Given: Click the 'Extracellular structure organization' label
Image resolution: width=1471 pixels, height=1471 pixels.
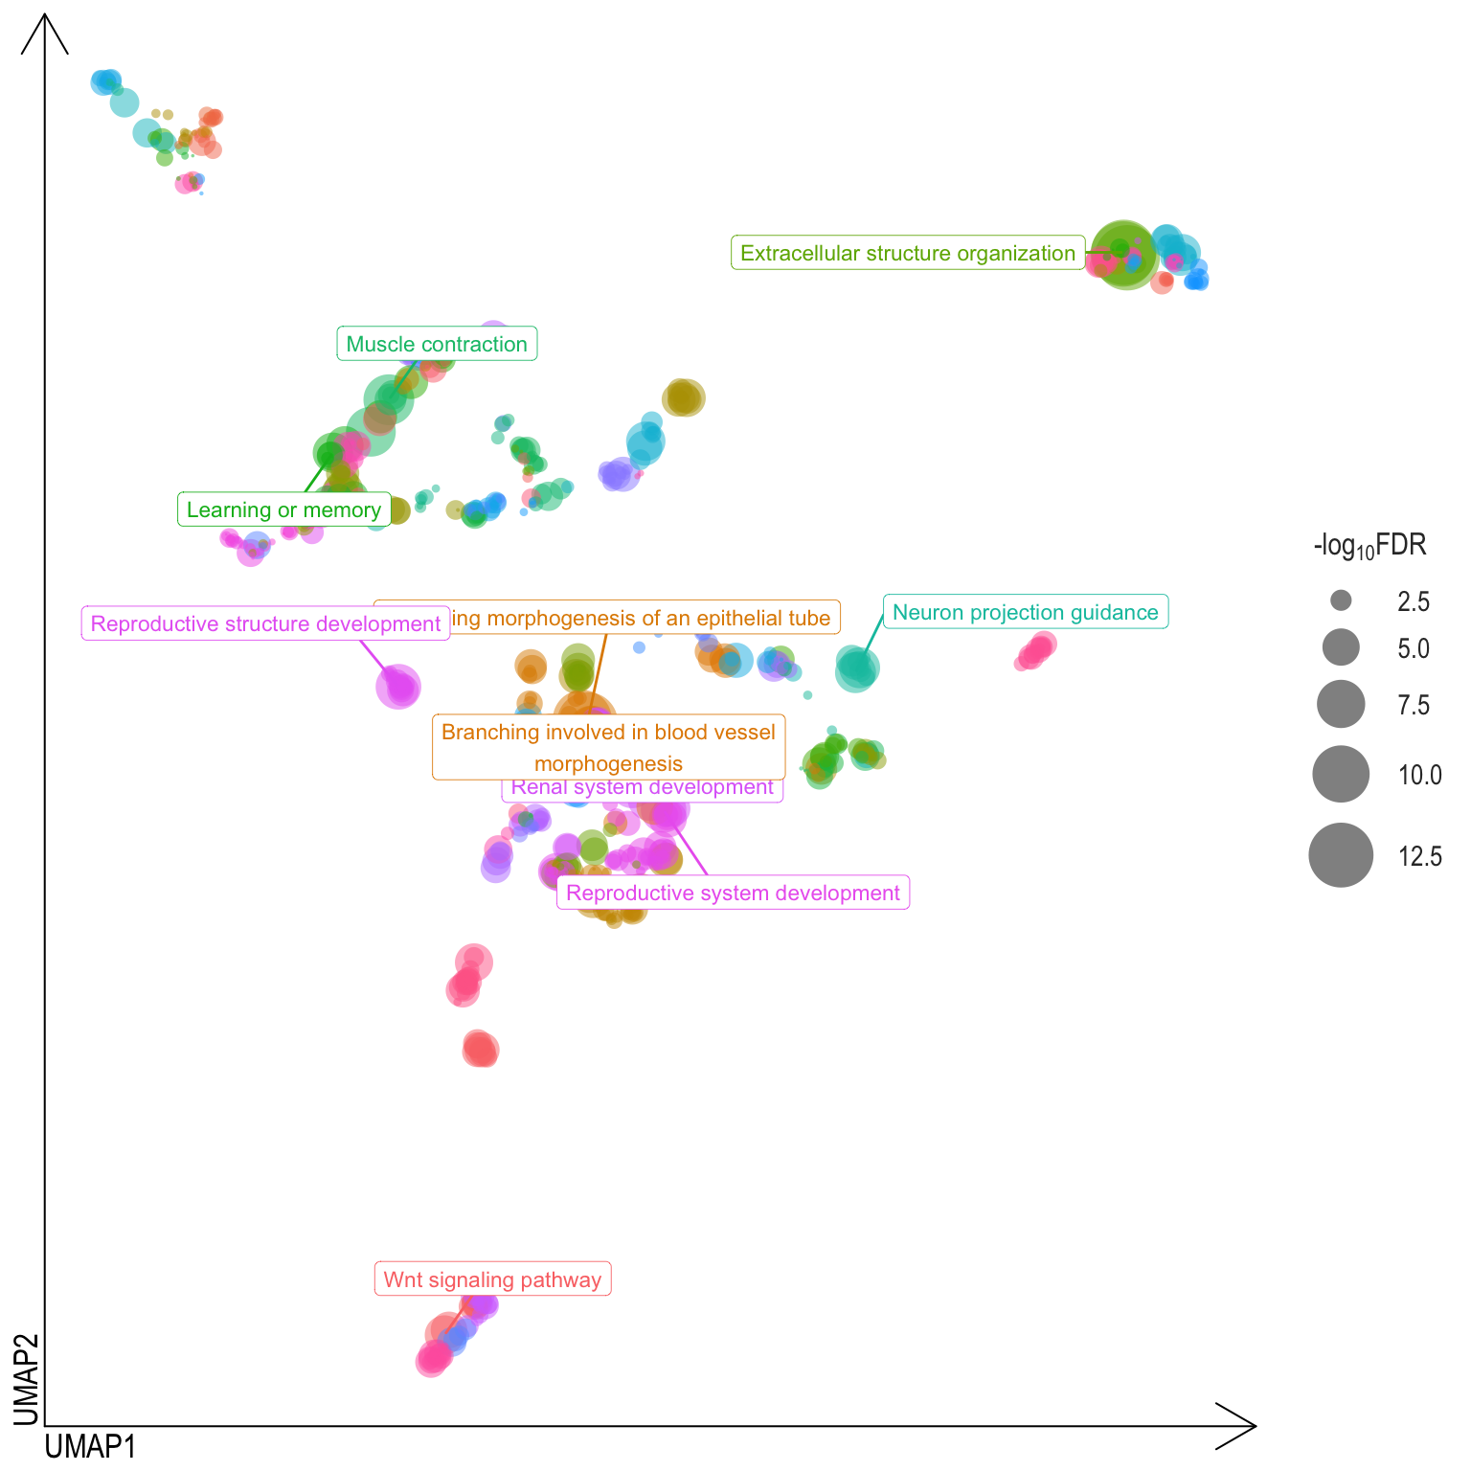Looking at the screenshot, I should tap(908, 253).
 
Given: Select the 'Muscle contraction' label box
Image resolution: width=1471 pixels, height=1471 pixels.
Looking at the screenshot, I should tap(437, 344).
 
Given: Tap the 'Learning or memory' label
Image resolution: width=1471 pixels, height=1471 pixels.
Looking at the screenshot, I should tap(283, 509).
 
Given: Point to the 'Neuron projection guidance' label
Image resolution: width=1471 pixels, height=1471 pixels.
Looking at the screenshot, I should tap(1025, 612).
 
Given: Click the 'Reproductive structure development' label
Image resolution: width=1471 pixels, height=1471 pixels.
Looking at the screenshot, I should tap(265, 623).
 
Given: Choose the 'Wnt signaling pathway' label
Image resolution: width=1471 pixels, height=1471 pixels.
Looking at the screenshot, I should tap(492, 1279).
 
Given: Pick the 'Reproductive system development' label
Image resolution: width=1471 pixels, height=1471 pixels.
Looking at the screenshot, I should tap(733, 893).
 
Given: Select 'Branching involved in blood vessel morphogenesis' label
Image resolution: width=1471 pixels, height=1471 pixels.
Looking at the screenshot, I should tap(608, 747).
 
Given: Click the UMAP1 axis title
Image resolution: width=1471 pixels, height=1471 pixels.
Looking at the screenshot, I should tap(91, 1446).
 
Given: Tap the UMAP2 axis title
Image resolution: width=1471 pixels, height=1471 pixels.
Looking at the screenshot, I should tap(26, 1379).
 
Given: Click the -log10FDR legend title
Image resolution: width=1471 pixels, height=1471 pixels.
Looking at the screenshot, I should tap(1369, 546).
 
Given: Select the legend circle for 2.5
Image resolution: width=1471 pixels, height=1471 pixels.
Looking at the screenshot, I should tap(1341, 600).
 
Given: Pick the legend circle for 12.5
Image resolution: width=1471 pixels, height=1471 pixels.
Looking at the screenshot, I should tap(1341, 855).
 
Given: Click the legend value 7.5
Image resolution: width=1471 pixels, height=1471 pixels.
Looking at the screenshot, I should tap(1414, 706).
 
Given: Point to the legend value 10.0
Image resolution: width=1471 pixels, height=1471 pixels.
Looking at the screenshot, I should tap(1419, 775).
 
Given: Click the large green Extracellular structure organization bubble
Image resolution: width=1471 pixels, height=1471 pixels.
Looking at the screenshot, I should tap(1124, 255).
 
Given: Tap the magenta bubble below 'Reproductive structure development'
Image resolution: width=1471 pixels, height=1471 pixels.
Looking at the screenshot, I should tap(398, 686).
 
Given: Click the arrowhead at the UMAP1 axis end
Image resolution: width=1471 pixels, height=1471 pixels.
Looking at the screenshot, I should tap(1241, 1426).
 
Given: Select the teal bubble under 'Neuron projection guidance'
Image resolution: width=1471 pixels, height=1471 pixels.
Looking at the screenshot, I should tap(856, 668).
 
